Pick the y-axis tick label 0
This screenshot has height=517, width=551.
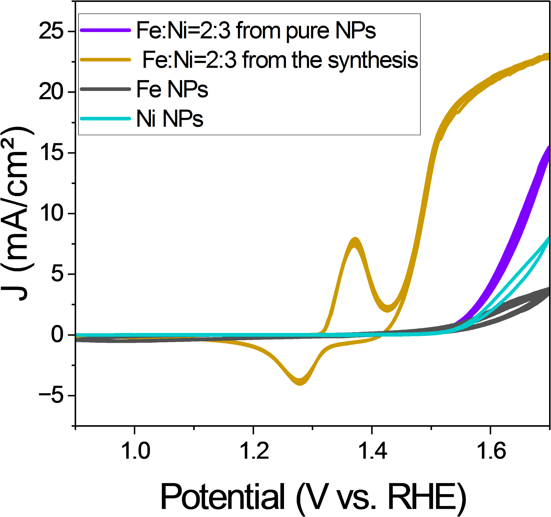click(x=58, y=335)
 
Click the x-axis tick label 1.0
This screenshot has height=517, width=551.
click(x=136, y=451)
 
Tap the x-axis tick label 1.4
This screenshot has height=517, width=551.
click(x=373, y=451)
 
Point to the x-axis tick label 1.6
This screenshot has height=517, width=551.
click(x=491, y=451)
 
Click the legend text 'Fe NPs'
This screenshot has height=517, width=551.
click(x=172, y=89)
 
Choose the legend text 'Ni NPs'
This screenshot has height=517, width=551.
click(x=170, y=119)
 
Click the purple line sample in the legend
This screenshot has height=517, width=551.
click(x=105, y=30)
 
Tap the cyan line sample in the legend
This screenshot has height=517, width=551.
click(x=105, y=119)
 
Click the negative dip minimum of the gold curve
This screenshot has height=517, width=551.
click(x=300, y=382)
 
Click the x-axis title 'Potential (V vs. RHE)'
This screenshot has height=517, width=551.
click(x=313, y=497)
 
